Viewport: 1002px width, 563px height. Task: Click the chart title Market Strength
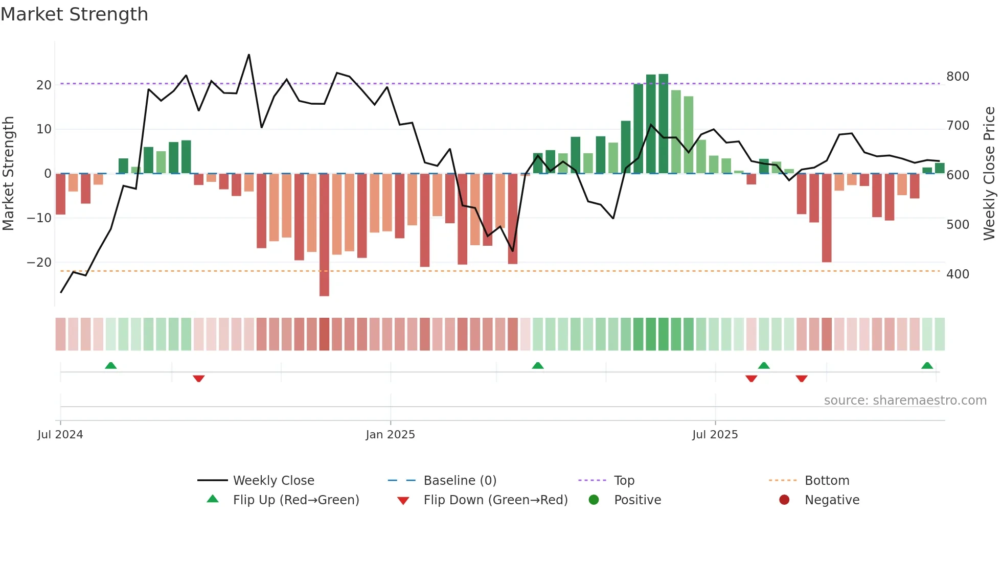[74, 14]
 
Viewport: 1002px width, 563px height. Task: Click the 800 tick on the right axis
[957, 77]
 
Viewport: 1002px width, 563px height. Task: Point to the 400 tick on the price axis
[957, 274]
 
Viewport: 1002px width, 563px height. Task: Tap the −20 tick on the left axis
[39, 263]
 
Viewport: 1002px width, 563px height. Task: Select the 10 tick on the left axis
[44, 129]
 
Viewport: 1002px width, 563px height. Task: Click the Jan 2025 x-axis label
[390, 435]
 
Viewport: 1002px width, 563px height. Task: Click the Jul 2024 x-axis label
[60, 435]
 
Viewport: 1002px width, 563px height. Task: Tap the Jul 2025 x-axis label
[715, 435]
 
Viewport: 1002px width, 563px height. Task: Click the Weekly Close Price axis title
[989, 174]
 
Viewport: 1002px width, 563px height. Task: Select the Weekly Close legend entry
[273, 481]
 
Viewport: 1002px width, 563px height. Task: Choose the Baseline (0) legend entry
[460, 481]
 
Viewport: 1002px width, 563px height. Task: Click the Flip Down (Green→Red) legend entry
[495, 500]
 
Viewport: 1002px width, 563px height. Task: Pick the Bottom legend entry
[827, 481]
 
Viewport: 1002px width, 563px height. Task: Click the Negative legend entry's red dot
[784, 500]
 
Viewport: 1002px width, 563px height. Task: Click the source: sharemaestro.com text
[905, 401]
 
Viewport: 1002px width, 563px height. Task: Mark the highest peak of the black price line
[249, 55]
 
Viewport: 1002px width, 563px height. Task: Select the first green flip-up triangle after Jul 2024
[110, 365]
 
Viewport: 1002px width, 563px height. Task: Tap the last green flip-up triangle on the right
[927, 365]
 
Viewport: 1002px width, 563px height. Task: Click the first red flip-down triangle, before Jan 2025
[199, 379]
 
